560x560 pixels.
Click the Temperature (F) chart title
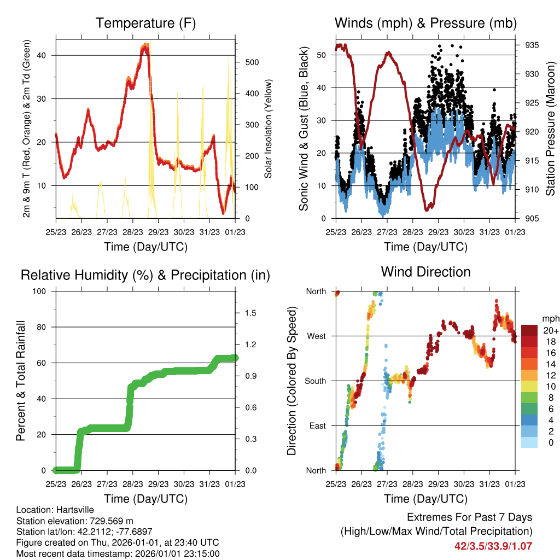point(145,23)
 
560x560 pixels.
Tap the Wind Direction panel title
point(425,272)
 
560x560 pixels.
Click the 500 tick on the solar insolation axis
point(252,62)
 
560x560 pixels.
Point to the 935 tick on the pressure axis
point(532,45)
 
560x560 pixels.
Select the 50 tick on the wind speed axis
point(321,55)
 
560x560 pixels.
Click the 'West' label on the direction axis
point(317,336)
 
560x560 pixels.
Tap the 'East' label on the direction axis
point(318,425)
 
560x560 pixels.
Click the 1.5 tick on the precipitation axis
point(250,313)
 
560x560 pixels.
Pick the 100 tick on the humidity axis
point(39,291)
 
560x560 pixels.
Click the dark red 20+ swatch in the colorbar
point(529,330)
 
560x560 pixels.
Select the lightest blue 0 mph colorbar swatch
point(529,442)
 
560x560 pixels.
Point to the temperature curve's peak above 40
point(145,45)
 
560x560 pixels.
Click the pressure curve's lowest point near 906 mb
point(427,209)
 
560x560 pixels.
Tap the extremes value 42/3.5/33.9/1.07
point(493,546)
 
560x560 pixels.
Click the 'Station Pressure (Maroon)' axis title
point(550,129)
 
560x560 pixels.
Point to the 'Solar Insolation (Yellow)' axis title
point(268,129)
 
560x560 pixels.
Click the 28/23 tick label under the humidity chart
point(133,484)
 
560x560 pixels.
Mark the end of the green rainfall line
point(235,358)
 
